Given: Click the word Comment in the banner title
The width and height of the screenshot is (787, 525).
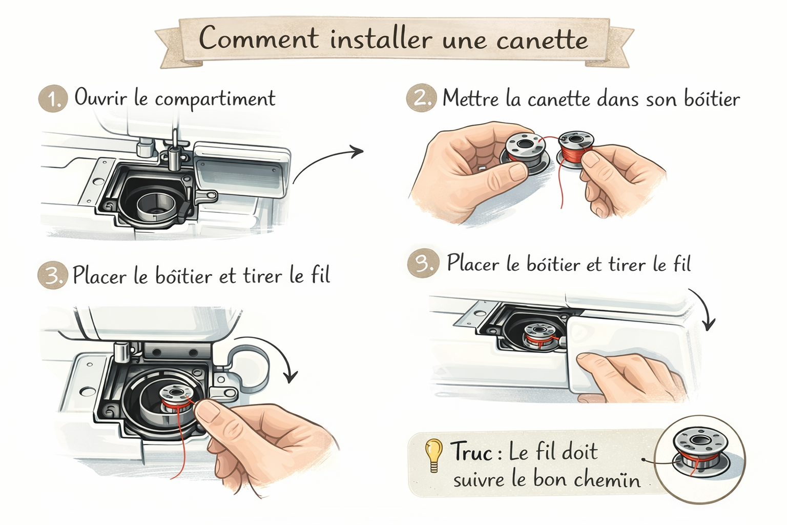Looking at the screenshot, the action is coord(259,37).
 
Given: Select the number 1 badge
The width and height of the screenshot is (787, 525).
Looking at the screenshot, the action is coord(53,98).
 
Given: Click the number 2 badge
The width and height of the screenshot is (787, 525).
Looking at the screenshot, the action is coord(421,98).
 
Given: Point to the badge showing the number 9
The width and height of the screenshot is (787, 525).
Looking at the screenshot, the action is coord(423,264).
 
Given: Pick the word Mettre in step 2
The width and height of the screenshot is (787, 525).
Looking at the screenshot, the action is coord(470,98).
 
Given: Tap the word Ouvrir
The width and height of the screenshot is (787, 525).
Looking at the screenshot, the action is coord(100,97).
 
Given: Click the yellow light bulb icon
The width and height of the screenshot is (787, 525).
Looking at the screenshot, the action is coord(433,455).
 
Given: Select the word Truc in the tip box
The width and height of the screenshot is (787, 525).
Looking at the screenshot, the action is coord(472,451).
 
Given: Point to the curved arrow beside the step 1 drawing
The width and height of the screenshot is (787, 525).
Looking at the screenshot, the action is coord(325,159).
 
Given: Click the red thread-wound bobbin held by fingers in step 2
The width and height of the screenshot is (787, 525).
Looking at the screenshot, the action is coord(576,148).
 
